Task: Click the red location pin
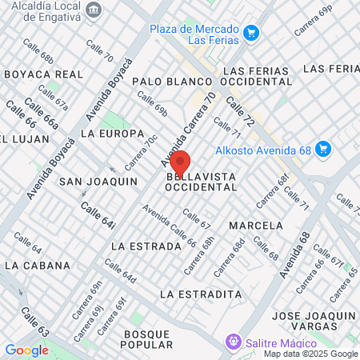pyautogui.click(x=180, y=162)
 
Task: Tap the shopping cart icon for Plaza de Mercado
pyautogui.click(x=251, y=33)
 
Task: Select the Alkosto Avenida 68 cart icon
pyautogui.click(x=322, y=149)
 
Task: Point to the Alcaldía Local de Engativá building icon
pyautogui.click(x=95, y=10)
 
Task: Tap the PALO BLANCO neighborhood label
pyautogui.click(x=171, y=82)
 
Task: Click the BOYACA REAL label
pyautogui.click(x=44, y=74)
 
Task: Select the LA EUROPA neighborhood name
pyautogui.click(x=113, y=133)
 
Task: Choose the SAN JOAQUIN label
pyautogui.click(x=98, y=182)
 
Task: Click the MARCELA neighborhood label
pyautogui.click(x=256, y=225)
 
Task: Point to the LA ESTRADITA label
pyautogui.click(x=200, y=294)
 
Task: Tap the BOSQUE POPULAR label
pyautogui.click(x=146, y=338)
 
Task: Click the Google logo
pyautogui.click(x=26, y=350)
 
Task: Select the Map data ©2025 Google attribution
pyautogui.click(x=311, y=354)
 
